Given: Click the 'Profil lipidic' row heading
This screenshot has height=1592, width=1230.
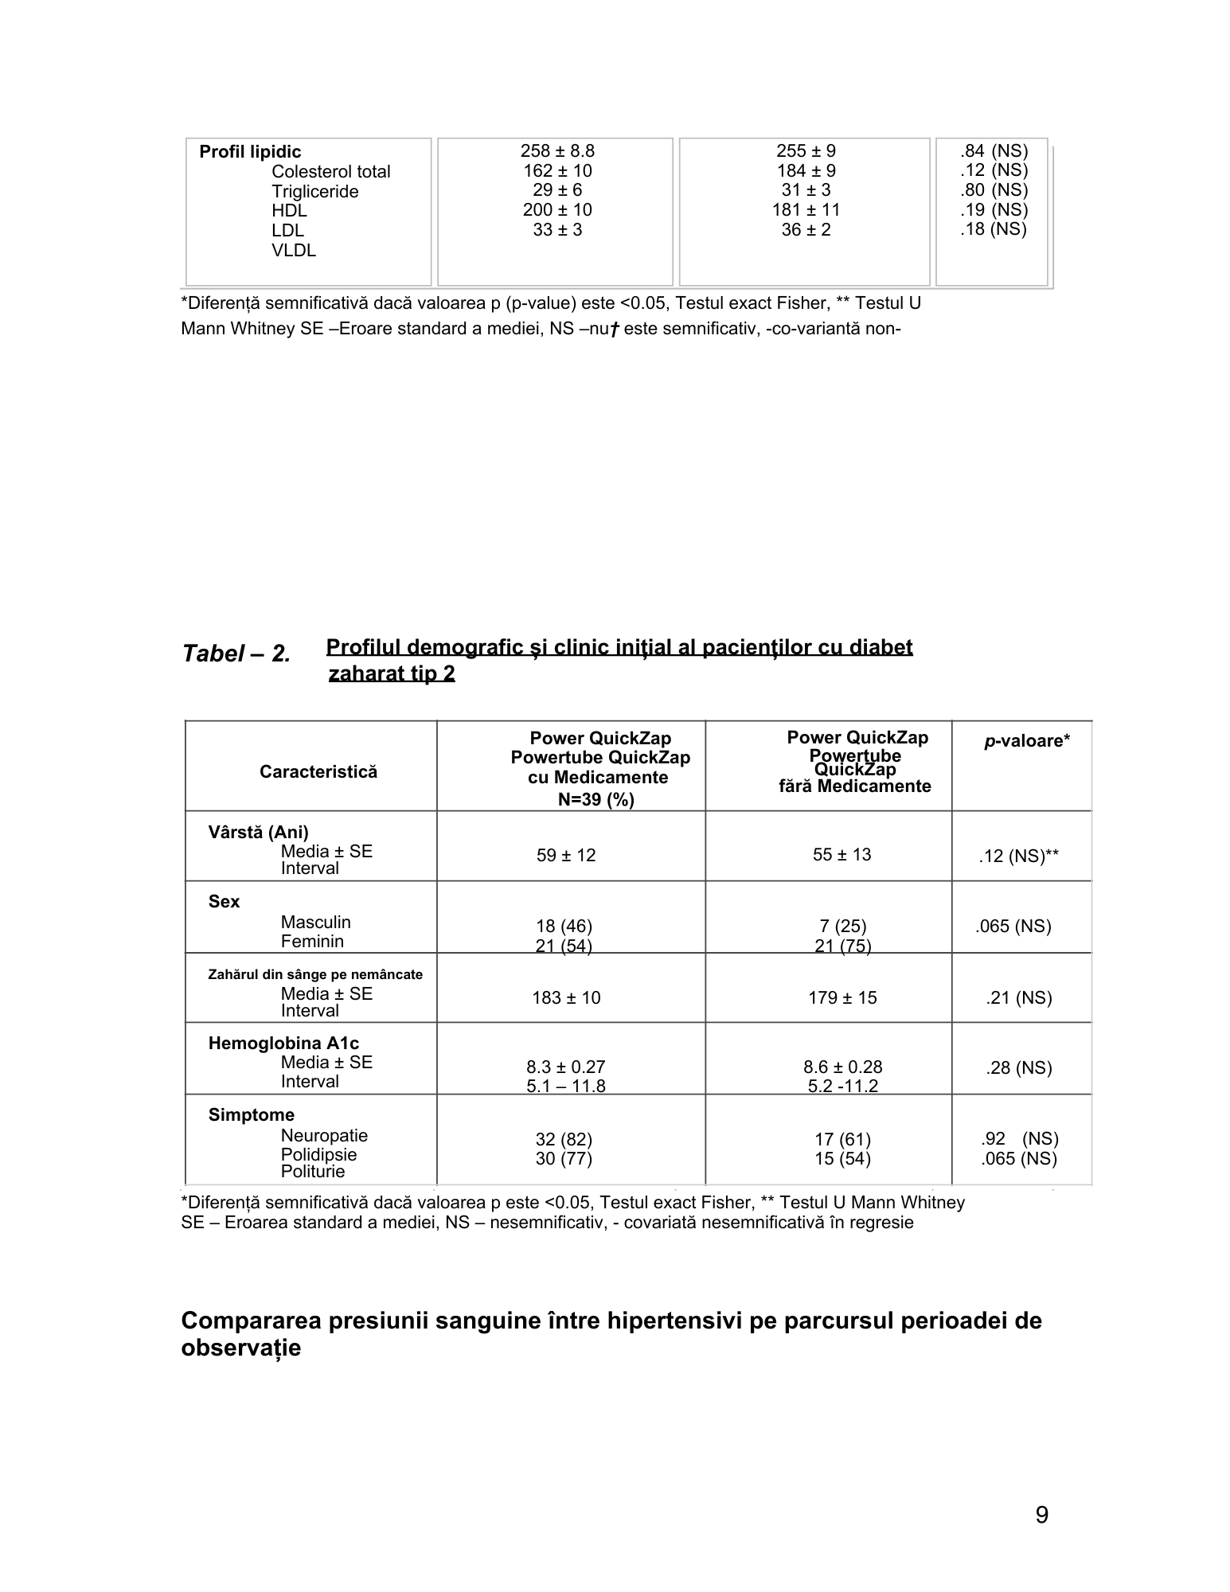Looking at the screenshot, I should [x=250, y=152].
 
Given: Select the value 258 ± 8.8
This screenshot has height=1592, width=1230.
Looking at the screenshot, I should [x=557, y=151].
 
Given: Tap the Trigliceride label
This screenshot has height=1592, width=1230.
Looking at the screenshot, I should [x=314, y=192].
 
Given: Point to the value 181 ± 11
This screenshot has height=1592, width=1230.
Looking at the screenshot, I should [x=806, y=210].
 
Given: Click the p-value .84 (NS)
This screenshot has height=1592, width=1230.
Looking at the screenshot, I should [x=994, y=151].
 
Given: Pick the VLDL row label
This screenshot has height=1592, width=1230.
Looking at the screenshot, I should [x=294, y=251].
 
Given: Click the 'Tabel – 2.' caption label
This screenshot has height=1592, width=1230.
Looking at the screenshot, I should [x=236, y=654].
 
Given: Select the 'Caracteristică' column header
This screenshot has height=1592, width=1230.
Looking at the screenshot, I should [x=318, y=772].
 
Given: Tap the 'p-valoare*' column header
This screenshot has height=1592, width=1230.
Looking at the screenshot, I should [x=1027, y=741].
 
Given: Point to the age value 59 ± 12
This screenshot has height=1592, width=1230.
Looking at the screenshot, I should [x=566, y=856].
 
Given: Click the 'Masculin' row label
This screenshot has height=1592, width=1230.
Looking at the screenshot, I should [x=315, y=923].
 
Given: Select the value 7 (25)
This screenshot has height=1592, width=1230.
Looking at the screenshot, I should [x=842, y=927].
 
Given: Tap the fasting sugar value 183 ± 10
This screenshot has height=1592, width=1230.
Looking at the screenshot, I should [x=566, y=998].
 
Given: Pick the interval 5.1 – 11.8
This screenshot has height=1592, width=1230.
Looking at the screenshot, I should [x=566, y=1086].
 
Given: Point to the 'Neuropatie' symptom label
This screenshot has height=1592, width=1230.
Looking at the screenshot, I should [x=324, y=1136].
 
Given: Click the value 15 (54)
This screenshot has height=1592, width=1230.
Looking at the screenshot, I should [x=842, y=1159].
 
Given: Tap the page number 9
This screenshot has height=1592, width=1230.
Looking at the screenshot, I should [x=1041, y=1516].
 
